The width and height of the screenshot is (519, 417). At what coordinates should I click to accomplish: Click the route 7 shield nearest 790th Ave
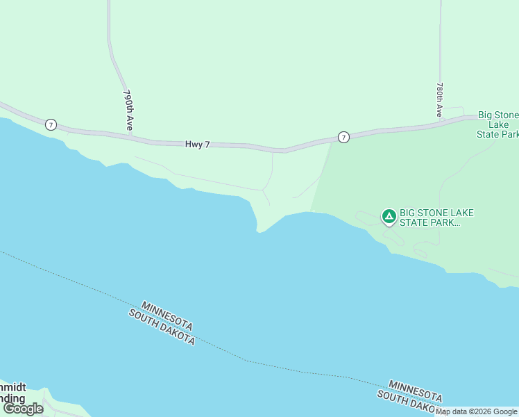(51, 124)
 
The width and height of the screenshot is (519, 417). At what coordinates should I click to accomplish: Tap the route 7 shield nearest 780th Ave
(343, 138)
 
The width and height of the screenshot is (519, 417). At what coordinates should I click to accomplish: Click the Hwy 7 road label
(197, 145)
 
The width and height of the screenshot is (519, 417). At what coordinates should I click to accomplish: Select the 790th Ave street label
(128, 110)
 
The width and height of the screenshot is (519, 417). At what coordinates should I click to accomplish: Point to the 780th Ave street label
(440, 99)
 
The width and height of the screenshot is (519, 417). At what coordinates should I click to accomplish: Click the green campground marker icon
(389, 217)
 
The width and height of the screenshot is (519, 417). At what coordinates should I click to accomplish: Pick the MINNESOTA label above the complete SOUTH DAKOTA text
(167, 316)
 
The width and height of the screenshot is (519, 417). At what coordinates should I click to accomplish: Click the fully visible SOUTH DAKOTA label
(162, 327)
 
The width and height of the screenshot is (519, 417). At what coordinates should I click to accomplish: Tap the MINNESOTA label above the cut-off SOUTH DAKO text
(416, 391)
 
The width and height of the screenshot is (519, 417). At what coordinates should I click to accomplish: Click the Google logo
(23, 409)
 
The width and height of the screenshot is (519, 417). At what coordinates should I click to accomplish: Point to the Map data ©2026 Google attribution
(477, 411)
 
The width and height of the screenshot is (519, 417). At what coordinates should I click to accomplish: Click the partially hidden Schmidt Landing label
(12, 393)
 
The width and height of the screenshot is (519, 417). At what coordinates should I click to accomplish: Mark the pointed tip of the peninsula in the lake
(258, 231)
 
